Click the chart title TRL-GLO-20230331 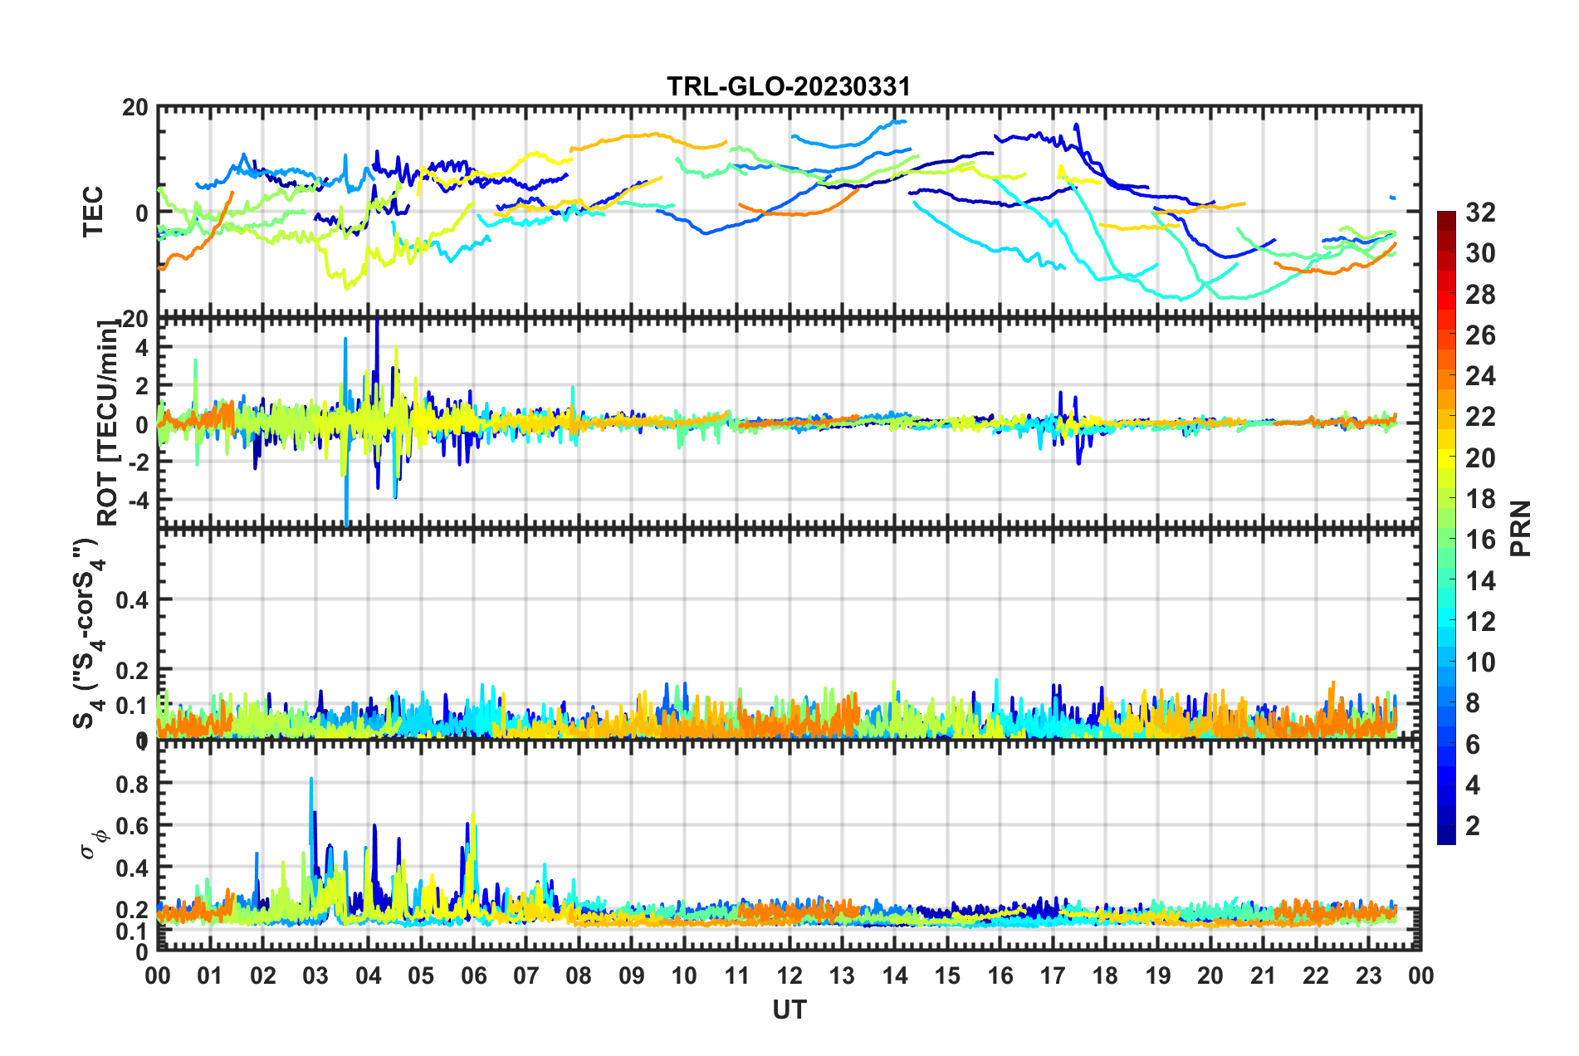pos(789,86)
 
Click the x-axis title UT pos(789,1010)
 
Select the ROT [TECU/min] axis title pos(107,423)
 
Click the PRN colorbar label pos(1521,528)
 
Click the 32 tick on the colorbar pos(1479,213)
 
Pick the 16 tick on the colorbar pos(1479,540)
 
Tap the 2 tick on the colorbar pos(1473,825)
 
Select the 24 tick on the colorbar pos(1479,376)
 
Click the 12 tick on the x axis pos(789,975)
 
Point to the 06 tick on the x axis pos(473,975)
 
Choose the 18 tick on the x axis pos(1105,975)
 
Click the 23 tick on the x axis pos(1368,975)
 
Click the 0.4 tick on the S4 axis pos(132,599)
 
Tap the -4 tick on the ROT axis pos(138,500)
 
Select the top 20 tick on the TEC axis pos(136,107)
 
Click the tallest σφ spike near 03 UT pos(311,779)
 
